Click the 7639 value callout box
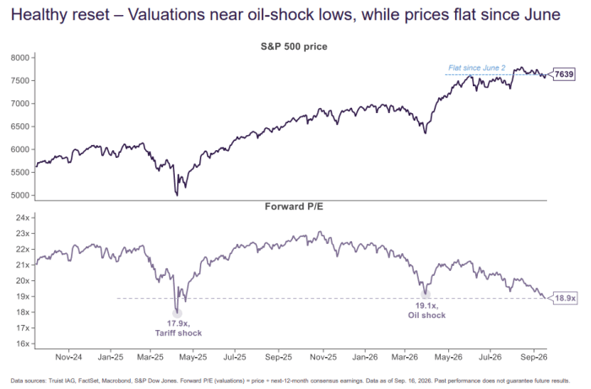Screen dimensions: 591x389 564,74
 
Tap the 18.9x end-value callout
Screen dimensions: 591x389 565,298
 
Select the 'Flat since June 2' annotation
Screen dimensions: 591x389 477,68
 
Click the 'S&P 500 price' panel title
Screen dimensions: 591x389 294,46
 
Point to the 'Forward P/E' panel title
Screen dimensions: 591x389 294,207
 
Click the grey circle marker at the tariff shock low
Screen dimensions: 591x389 177,313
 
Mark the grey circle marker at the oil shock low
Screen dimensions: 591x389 426,294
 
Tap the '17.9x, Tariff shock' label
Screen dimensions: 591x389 178,328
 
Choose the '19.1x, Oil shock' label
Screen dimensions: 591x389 426,311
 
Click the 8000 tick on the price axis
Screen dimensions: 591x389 19,57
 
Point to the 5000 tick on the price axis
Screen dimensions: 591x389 19,196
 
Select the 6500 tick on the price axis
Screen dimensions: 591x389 19,127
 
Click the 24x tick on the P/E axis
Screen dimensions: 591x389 22,218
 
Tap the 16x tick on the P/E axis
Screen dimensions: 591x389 22,343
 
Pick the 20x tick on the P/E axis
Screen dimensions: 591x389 22,281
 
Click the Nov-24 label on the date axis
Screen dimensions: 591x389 68,357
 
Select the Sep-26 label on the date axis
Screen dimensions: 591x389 534,357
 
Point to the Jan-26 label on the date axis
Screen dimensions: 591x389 365,357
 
